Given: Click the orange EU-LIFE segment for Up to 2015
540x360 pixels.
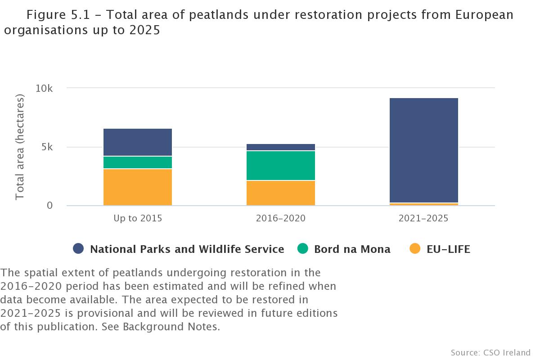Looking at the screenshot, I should click(x=138, y=187).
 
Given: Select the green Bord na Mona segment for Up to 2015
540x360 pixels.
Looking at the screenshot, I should click(x=138, y=162).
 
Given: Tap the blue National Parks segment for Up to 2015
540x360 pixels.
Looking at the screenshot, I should click(x=138, y=142).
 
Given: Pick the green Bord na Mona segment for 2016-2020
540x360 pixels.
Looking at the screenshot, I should click(x=281, y=166).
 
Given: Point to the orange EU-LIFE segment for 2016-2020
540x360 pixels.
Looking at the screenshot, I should click(x=281, y=193).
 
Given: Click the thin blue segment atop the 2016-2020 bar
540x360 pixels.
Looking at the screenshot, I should click(x=281, y=147).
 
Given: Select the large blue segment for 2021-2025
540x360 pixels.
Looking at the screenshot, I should click(x=424, y=150).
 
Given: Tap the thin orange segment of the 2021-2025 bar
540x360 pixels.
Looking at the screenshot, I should click(x=424, y=204).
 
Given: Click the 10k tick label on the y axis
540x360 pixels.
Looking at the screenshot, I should click(x=44, y=89).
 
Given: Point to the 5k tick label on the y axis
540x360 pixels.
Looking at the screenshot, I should click(x=47, y=147).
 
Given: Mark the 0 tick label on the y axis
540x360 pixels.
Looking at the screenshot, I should click(x=49, y=206).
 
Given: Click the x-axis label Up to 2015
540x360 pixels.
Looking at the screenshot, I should click(x=138, y=219).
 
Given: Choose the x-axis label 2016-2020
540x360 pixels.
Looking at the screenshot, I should click(x=281, y=219).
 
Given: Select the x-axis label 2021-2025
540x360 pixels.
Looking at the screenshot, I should click(x=424, y=219).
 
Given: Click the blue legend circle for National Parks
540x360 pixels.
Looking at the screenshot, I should click(x=79, y=249).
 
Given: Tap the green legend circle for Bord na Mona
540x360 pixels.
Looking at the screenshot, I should click(x=303, y=249).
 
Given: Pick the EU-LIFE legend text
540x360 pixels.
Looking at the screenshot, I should click(x=448, y=249).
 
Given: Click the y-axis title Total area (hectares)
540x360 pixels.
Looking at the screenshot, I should click(x=20, y=147).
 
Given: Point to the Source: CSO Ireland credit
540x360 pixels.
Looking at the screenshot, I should click(x=490, y=352).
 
